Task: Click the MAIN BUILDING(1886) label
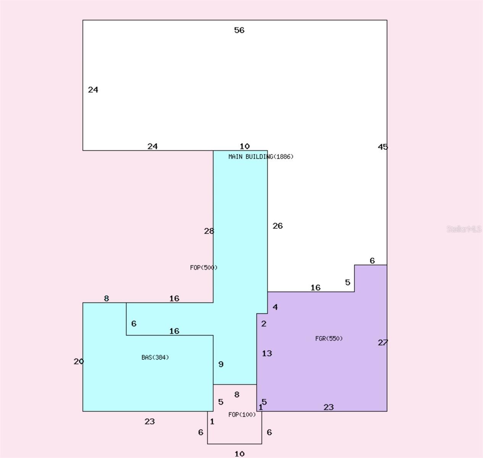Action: pyautogui.click(x=261, y=156)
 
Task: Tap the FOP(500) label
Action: pyautogui.click(x=204, y=268)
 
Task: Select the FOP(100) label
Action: pyautogui.click(x=242, y=414)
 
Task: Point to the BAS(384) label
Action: pyautogui.click(x=155, y=358)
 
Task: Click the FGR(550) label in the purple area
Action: pyautogui.click(x=329, y=339)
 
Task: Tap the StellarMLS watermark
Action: pyautogui.click(x=464, y=229)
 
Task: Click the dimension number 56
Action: pyautogui.click(x=239, y=30)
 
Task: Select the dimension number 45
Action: pyautogui.click(x=383, y=147)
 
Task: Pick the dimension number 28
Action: pyautogui.click(x=209, y=231)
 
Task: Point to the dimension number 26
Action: pyautogui.click(x=278, y=226)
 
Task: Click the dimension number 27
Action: pyautogui.click(x=383, y=342)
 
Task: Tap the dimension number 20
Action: pyautogui.click(x=79, y=361)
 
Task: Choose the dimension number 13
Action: pyautogui.click(x=267, y=353)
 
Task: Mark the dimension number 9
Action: pyautogui.click(x=221, y=364)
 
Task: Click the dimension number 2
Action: pyautogui.click(x=263, y=324)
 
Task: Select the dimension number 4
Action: pyautogui.click(x=275, y=307)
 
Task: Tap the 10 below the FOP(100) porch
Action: pyautogui.click(x=239, y=454)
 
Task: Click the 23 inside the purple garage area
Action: pyautogui.click(x=328, y=407)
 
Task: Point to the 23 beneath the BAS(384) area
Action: pyautogui.click(x=150, y=421)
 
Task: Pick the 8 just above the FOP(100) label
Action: pyautogui.click(x=237, y=395)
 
